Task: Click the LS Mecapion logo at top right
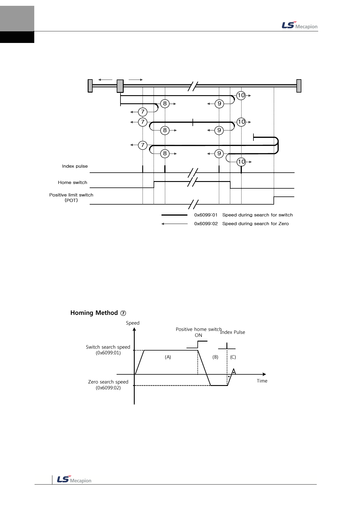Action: tap(299, 26)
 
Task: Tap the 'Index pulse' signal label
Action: tap(75, 166)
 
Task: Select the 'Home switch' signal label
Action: tap(72, 183)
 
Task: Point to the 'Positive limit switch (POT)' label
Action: tap(71, 198)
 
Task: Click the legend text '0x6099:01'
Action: tap(206, 215)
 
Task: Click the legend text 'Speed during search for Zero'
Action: tap(255, 224)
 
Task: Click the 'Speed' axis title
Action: tap(132, 323)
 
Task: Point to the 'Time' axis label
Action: tap(262, 381)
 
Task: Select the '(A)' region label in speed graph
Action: tap(168, 357)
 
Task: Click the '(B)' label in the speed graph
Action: tap(215, 357)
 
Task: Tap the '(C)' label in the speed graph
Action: tap(233, 357)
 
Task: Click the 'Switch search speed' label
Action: tap(108, 347)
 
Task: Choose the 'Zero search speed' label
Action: tap(108, 382)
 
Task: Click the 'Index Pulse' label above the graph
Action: tap(233, 333)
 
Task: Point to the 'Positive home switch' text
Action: tap(198, 329)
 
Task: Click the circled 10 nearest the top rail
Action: tap(241, 95)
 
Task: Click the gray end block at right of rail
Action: tap(299, 86)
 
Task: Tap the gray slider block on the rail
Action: tap(120, 86)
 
